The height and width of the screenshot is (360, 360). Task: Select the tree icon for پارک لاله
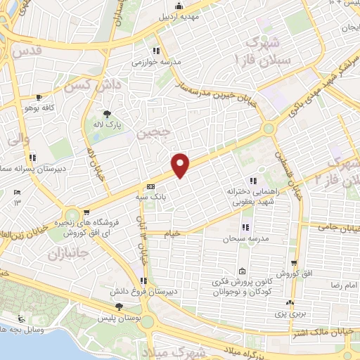(x=108, y=112)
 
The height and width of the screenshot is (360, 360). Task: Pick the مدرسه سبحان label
(x=243, y=239)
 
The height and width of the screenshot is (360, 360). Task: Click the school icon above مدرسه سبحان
(x=245, y=227)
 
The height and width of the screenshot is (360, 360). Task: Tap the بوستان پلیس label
(x=117, y=319)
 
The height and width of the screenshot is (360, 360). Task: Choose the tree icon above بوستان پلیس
(x=119, y=307)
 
